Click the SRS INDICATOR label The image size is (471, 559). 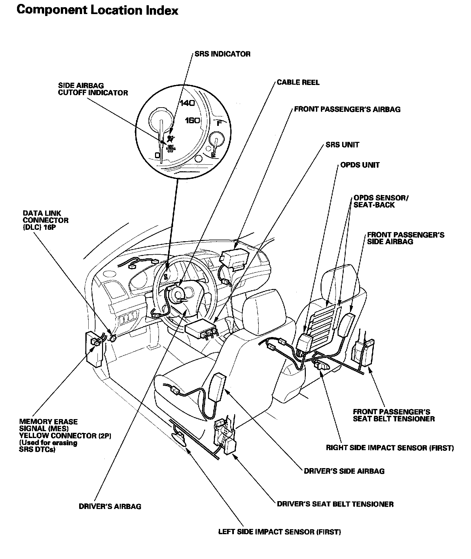(x=222, y=54)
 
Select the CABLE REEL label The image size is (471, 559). (x=298, y=82)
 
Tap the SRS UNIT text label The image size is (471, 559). (x=342, y=144)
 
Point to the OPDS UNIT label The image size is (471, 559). (x=360, y=165)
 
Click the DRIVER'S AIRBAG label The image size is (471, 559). (x=110, y=506)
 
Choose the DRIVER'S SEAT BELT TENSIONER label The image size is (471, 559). (x=335, y=504)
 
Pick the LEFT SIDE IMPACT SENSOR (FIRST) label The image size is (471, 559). (x=279, y=532)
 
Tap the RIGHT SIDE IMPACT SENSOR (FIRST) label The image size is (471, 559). (x=390, y=448)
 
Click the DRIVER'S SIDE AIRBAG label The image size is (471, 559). (x=344, y=471)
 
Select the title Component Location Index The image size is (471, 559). (x=97, y=10)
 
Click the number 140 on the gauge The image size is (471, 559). (x=187, y=103)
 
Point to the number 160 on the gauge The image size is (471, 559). (x=192, y=121)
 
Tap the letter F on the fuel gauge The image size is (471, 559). (x=219, y=123)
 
